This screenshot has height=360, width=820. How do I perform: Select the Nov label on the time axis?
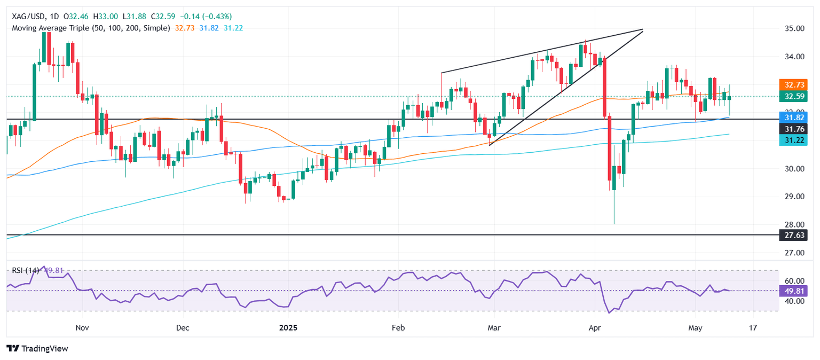click(x=81, y=327)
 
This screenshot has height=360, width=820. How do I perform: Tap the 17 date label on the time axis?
click(x=753, y=327)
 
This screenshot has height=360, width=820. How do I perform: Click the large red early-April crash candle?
click(x=604, y=85)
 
